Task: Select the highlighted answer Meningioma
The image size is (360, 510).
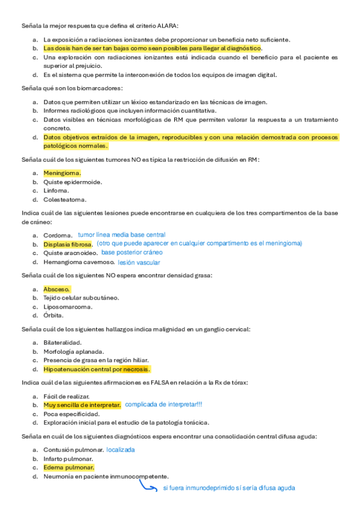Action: coord(62,173)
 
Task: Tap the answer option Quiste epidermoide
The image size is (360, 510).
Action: coord(73,182)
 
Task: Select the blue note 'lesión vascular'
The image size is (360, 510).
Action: coord(139,262)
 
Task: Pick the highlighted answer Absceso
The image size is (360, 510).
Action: coord(56,289)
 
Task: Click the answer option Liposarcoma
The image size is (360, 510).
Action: coord(68,307)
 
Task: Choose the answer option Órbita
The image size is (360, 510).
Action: coord(53,315)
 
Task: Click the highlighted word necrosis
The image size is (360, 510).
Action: coord(136,369)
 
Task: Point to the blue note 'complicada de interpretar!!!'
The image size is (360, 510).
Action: coord(163,405)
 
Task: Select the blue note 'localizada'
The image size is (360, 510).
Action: coord(120,449)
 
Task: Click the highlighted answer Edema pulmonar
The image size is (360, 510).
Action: coord(69,467)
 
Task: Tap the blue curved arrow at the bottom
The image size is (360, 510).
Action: coord(148,485)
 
